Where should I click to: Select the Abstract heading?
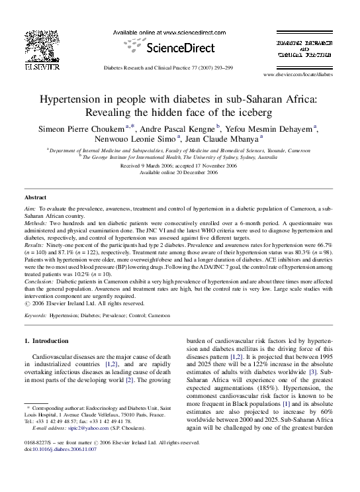coord(36,198)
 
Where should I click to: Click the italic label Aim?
coord(30,208)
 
